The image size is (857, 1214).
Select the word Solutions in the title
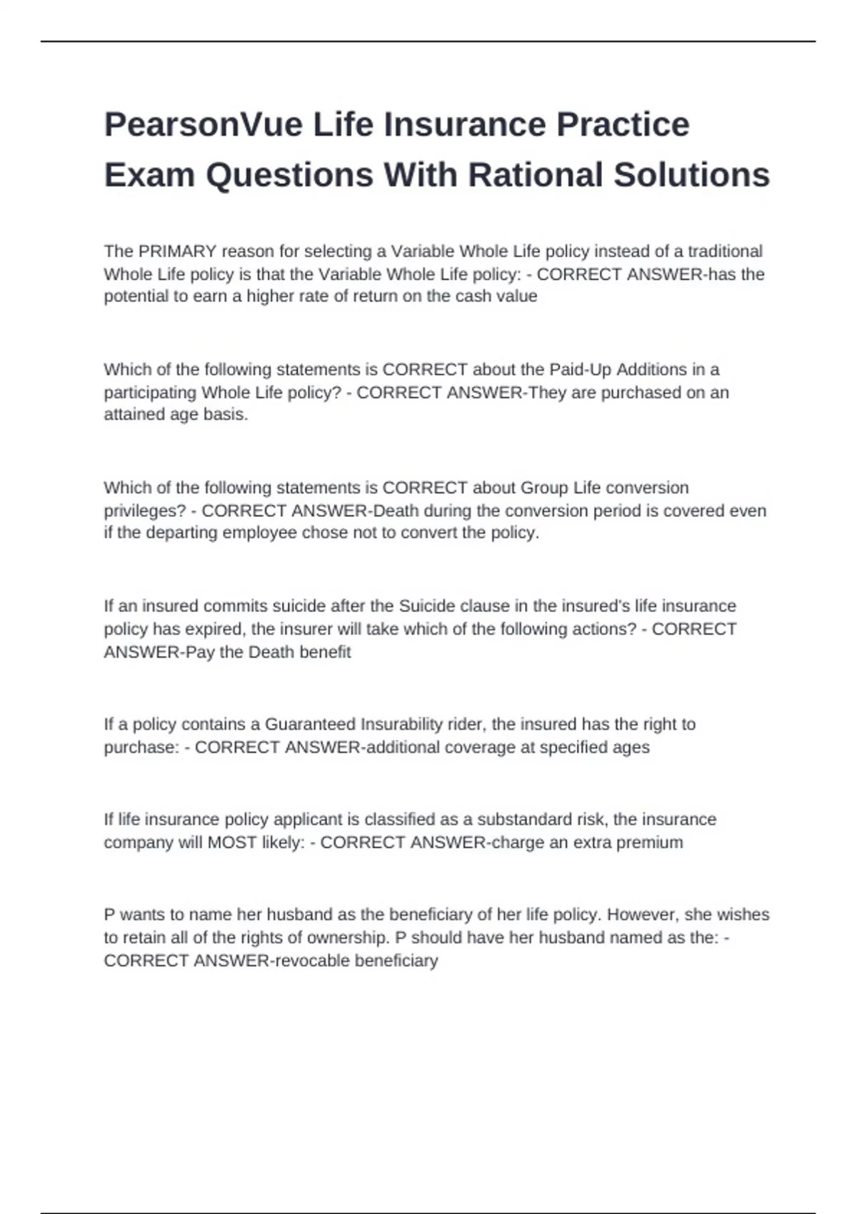(691, 175)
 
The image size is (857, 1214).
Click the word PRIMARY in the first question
(177, 251)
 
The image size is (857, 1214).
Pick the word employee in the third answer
(259, 533)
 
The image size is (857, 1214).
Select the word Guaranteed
(310, 724)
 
